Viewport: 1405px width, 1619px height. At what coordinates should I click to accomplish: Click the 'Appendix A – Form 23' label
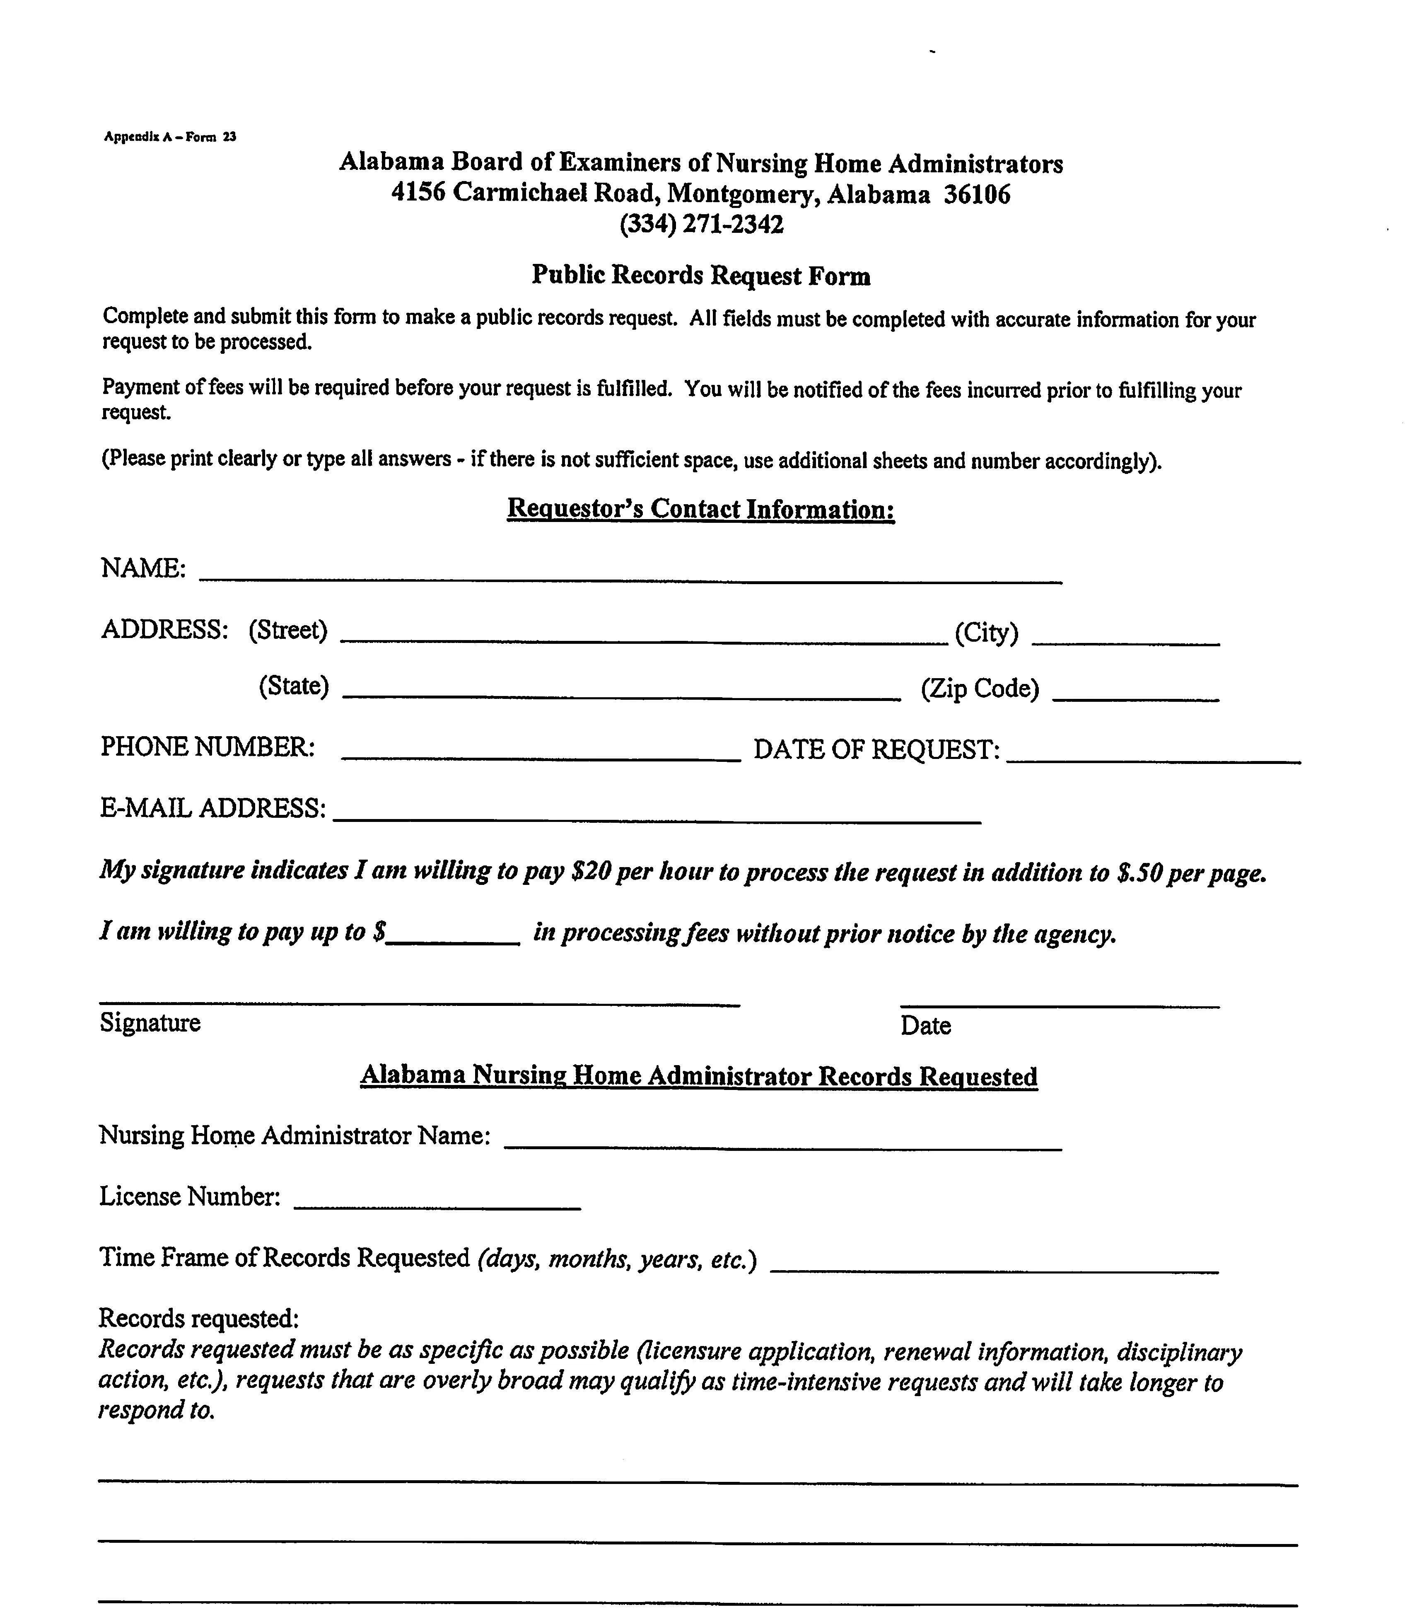coord(169,136)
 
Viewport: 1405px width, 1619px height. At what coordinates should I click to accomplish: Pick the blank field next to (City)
coord(1126,638)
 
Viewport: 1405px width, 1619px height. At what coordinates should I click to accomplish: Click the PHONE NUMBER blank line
coord(541,753)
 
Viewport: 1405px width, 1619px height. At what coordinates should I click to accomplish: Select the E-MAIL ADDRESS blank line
coord(657,814)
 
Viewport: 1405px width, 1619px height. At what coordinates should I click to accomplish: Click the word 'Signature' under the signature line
coord(150,1022)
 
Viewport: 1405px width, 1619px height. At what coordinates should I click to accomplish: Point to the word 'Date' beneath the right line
coord(925,1025)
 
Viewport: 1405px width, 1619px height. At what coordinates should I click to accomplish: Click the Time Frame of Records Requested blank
coord(994,1264)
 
